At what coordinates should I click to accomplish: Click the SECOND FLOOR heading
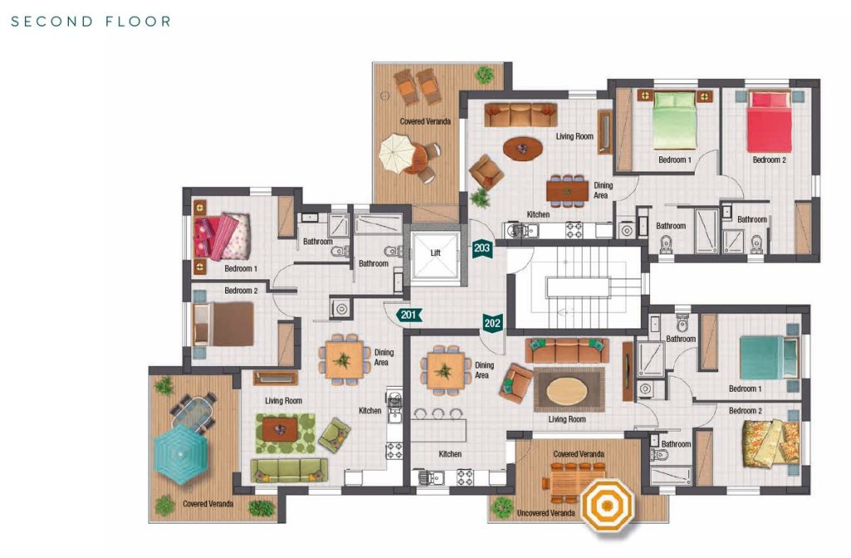[91, 22]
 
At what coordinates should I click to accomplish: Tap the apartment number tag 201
[409, 314]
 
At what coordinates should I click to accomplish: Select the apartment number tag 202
[492, 323]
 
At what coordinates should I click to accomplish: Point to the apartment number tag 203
[482, 249]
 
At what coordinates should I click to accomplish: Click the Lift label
[435, 253]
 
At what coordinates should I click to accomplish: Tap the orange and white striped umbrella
[607, 506]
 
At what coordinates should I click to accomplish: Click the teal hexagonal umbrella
[180, 453]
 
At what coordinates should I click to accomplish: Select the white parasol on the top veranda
[397, 154]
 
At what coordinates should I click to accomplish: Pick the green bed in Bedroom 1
[674, 120]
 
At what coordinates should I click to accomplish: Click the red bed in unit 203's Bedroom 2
[769, 121]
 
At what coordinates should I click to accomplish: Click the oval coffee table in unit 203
[523, 148]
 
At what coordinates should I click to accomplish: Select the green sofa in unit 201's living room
[289, 471]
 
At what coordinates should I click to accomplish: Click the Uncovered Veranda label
[546, 513]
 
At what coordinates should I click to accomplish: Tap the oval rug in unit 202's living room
[566, 389]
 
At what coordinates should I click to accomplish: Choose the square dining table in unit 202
[445, 371]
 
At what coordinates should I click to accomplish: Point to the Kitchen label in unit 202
[450, 454]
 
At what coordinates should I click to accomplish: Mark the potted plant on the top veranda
[485, 74]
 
